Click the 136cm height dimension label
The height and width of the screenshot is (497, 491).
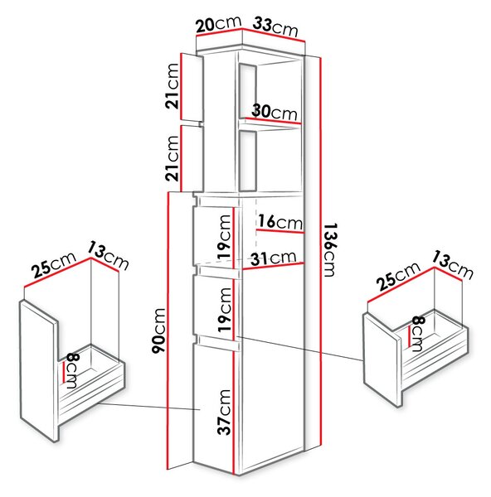[x=330, y=250]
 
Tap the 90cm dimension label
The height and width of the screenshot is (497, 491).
[x=158, y=331]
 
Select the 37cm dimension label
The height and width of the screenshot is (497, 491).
[x=224, y=412]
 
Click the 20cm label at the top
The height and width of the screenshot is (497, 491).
[x=219, y=24]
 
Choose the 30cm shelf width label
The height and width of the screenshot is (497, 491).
[x=275, y=112]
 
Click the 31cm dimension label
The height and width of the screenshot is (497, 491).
[x=274, y=258]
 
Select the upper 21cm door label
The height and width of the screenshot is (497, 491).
[x=173, y=86]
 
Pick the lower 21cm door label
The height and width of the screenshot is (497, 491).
[x=173, y=158]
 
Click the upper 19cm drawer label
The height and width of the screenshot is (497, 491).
[x=224, y=237]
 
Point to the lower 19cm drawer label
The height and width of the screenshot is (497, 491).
[x=225, y=309]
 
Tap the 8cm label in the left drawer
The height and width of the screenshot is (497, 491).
[x=71, y=371]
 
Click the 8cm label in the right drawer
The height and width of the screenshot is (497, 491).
[x=417, y=334]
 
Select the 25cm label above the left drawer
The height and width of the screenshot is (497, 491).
[x=54, y=263]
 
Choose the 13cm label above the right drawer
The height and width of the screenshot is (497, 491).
[x=452, y=265]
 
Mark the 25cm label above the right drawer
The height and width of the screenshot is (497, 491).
[x=399, y=277]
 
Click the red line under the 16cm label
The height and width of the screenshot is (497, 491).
[x=280, y=231]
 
